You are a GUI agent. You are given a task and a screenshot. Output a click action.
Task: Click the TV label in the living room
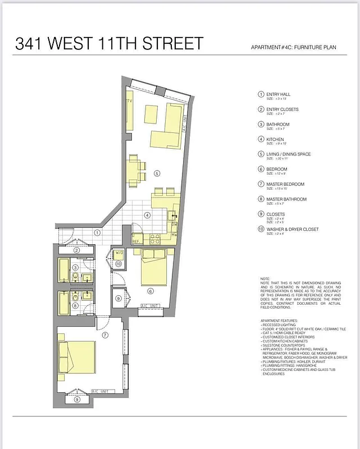click(129, 102)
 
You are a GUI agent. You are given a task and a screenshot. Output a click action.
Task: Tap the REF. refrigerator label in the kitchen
click(136, 241)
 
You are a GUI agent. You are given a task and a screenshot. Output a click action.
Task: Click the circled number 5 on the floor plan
click(157, 173)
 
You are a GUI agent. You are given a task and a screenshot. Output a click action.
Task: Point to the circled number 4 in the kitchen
click(147, 215)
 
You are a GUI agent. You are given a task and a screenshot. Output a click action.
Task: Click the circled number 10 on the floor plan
click(119, 264)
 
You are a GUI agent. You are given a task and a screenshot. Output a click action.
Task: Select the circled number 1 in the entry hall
click(97, 232)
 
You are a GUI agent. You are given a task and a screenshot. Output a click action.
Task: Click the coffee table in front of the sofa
click(151, 114)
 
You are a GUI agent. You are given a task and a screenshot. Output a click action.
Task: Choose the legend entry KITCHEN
click(275, 139)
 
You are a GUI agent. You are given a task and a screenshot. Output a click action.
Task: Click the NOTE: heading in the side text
click(266, 278)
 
